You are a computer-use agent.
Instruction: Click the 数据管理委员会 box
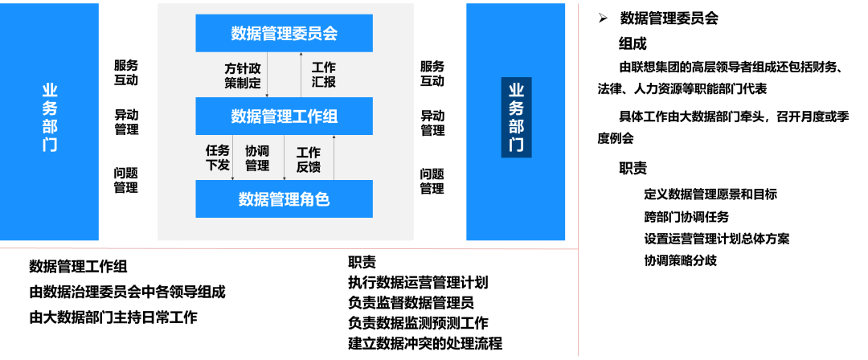[284, 33]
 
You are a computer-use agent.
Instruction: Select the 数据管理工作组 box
[284, 116]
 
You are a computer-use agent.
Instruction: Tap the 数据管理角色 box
[284, 198]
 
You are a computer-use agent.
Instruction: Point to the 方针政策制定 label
[243, 75]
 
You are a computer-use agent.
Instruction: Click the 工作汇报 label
[323, 75]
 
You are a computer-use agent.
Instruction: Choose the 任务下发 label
[218, 157]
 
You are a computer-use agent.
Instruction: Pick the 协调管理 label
[257, 157]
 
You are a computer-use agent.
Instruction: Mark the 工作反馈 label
[309, 159]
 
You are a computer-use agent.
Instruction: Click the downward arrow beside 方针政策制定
[268, 75]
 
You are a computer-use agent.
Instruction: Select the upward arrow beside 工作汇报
[301, 75]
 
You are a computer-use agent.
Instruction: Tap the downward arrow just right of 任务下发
[233, 157]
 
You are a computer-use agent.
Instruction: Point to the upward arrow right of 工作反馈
[334, 157]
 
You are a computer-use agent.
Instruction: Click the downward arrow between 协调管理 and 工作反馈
[284, 157]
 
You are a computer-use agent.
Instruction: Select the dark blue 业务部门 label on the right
[516, 117]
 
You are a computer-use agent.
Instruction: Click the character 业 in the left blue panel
[50, 90]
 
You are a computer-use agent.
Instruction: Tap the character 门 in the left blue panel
[50, 145]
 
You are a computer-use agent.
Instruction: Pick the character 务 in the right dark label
[516, 108]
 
